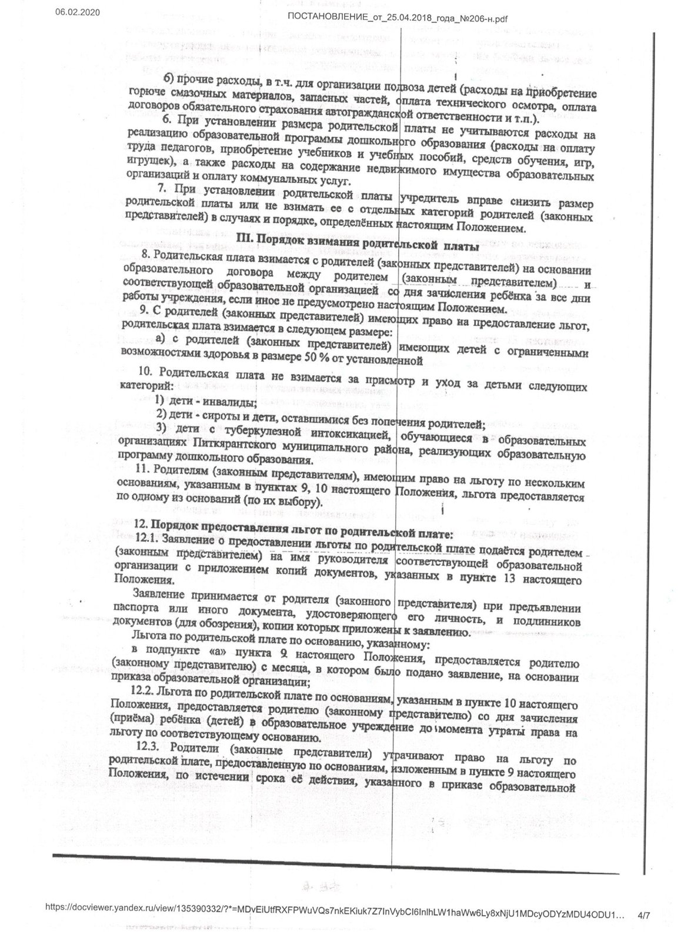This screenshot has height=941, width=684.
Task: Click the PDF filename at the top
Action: click(398, 18)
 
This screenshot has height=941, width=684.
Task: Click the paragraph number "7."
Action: click(164, 190)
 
